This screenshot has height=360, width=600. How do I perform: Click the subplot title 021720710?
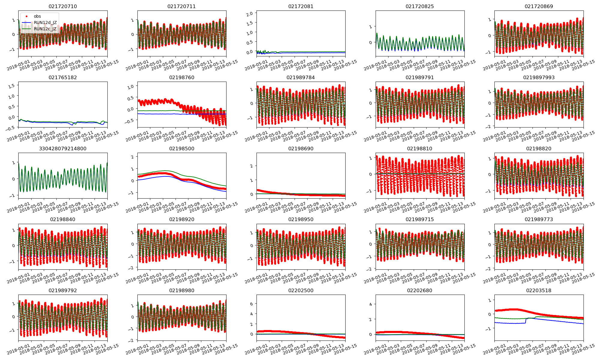click(x=63, y=6)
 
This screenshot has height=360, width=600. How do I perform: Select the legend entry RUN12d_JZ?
click(x=45, y=22)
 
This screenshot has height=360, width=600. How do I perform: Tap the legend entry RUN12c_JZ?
click(x=45, y=29)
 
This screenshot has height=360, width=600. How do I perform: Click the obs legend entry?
click(x=37, y=16)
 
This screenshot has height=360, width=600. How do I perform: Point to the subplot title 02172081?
click(x=301, y=6)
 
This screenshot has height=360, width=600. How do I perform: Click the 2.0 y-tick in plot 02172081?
click(x=249, y=13)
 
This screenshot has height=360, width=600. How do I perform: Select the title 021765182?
click(x=63, y=77)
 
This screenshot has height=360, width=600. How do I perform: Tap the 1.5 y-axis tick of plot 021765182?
click(x=11, y=86)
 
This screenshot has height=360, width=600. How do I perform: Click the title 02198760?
click(x=181, y=77)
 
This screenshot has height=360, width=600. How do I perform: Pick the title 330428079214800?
click(x=63, y=148)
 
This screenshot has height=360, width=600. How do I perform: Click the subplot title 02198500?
click(x=181, y=148)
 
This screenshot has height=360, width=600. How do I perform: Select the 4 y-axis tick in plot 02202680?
click(x=370, y=304)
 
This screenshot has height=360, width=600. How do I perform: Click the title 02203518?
click(x=538, y=290)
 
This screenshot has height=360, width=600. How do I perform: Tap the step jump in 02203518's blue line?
click(x=526, y=320)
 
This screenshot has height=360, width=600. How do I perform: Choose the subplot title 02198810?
click(x=419, y=148)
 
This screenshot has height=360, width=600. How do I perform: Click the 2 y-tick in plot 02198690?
click(x=251, y=166)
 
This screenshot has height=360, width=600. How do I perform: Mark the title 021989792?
click(x=63, y=290)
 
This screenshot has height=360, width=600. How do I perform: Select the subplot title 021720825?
click(x=419, y=6)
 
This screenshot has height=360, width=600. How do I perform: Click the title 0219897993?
click(x=538, y=77)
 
